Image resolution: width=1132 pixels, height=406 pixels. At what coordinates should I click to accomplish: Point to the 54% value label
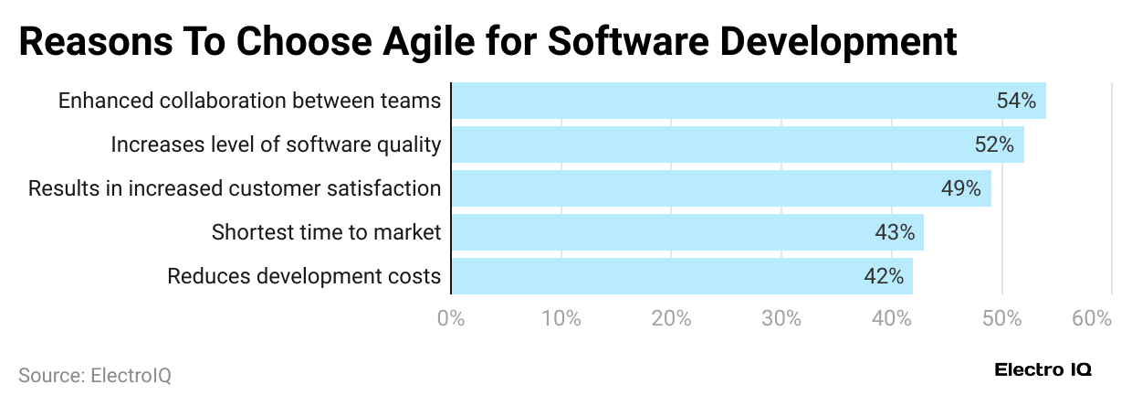coord(1016,101)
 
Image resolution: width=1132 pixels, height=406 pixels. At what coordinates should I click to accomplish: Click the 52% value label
coord(994,144)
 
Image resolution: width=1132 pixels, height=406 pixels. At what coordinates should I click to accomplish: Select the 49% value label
coord(961,188)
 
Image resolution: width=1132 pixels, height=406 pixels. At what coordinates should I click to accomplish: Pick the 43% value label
coord(895,232)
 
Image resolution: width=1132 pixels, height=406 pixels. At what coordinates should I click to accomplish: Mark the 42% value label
coord(884,276)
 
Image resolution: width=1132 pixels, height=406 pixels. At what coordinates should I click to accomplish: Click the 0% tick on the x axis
coord(451,318)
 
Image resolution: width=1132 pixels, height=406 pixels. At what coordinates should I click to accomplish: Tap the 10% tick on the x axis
coord(561,318)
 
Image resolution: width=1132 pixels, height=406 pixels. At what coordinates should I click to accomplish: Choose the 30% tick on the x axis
coord(781,318)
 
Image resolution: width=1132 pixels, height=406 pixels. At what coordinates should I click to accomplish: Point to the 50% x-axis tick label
coord(1001,318)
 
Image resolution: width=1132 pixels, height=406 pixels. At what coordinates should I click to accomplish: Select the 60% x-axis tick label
coord(1092,318)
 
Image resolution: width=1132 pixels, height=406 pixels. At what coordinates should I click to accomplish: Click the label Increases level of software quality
coord(276,144)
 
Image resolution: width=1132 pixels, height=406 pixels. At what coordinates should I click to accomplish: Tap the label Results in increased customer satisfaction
coord(235,188)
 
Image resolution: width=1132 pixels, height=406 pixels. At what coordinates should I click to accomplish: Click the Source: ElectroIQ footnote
coord(95,375)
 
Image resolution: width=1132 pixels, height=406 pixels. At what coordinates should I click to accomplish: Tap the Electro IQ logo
coord(1043,370)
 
